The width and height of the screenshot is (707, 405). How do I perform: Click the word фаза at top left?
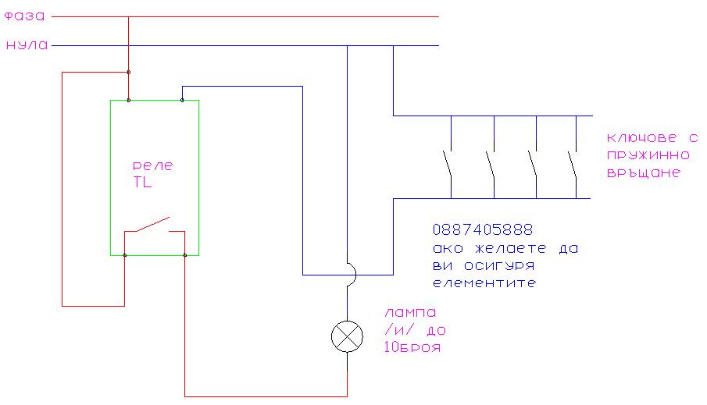pos(23,16)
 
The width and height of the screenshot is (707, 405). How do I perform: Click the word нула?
pos(27,45)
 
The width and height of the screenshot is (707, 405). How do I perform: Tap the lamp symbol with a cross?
pos(348,336)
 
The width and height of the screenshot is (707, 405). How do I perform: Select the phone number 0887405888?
pos(482,230)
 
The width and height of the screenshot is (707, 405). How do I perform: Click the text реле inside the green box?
pos(154,166)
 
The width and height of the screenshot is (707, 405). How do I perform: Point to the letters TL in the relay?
pos(143,184)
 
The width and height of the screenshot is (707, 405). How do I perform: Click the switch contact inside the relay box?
pos(153,226)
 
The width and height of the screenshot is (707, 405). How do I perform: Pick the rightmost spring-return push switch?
pos(573,165)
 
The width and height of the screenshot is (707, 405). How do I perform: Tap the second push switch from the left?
pos(491,165)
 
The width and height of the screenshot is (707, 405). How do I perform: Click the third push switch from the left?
pos(533,165)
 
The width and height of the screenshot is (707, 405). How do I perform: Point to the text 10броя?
pos(412,348)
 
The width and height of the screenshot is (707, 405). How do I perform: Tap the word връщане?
pos(643,173)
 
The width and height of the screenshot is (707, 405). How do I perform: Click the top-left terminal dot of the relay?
pos(128,101)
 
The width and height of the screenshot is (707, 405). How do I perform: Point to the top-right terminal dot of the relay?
pos(182,101)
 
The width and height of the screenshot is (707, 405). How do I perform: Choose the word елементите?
pos(484,283)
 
